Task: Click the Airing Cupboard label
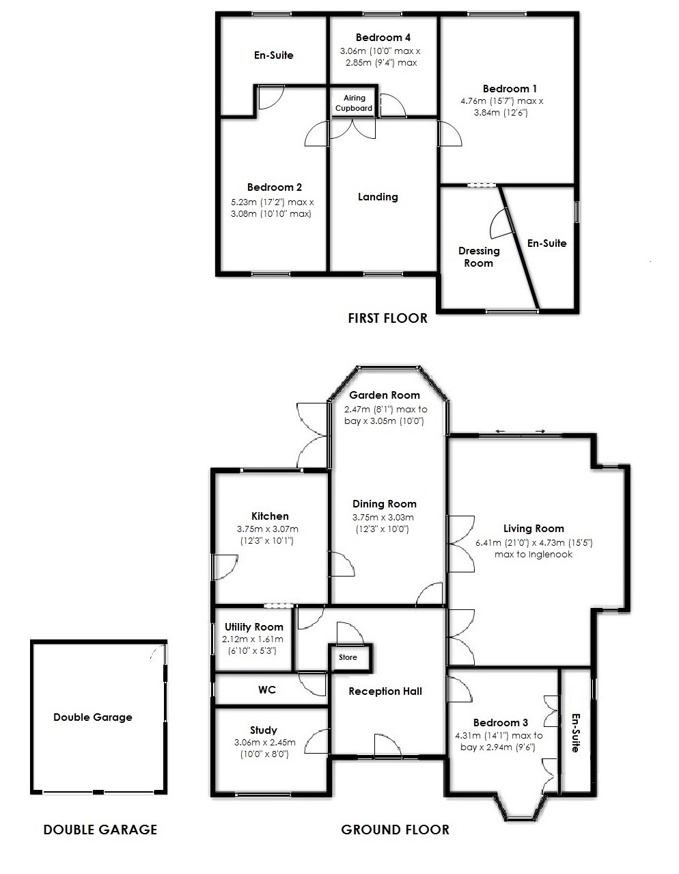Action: [354, 103]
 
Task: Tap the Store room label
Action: [348, 658]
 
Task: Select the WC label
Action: [267, 690]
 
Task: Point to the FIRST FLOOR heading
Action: [387, 318]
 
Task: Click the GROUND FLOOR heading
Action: [395, 830]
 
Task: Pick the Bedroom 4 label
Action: [383, 38]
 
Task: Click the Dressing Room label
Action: [478, 257]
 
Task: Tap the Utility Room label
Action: [253, 627]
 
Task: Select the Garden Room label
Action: [385, 395]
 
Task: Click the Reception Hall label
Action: [385, 691]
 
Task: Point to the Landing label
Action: [378, 197]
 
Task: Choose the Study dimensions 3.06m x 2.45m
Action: [264, 743]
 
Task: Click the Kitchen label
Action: [270, 516]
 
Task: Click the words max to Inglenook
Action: [533, 555]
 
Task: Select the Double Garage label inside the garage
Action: [93, 717]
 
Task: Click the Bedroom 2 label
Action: [275, 187]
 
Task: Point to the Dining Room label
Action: [385, 504]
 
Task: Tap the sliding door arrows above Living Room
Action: [521, 431]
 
